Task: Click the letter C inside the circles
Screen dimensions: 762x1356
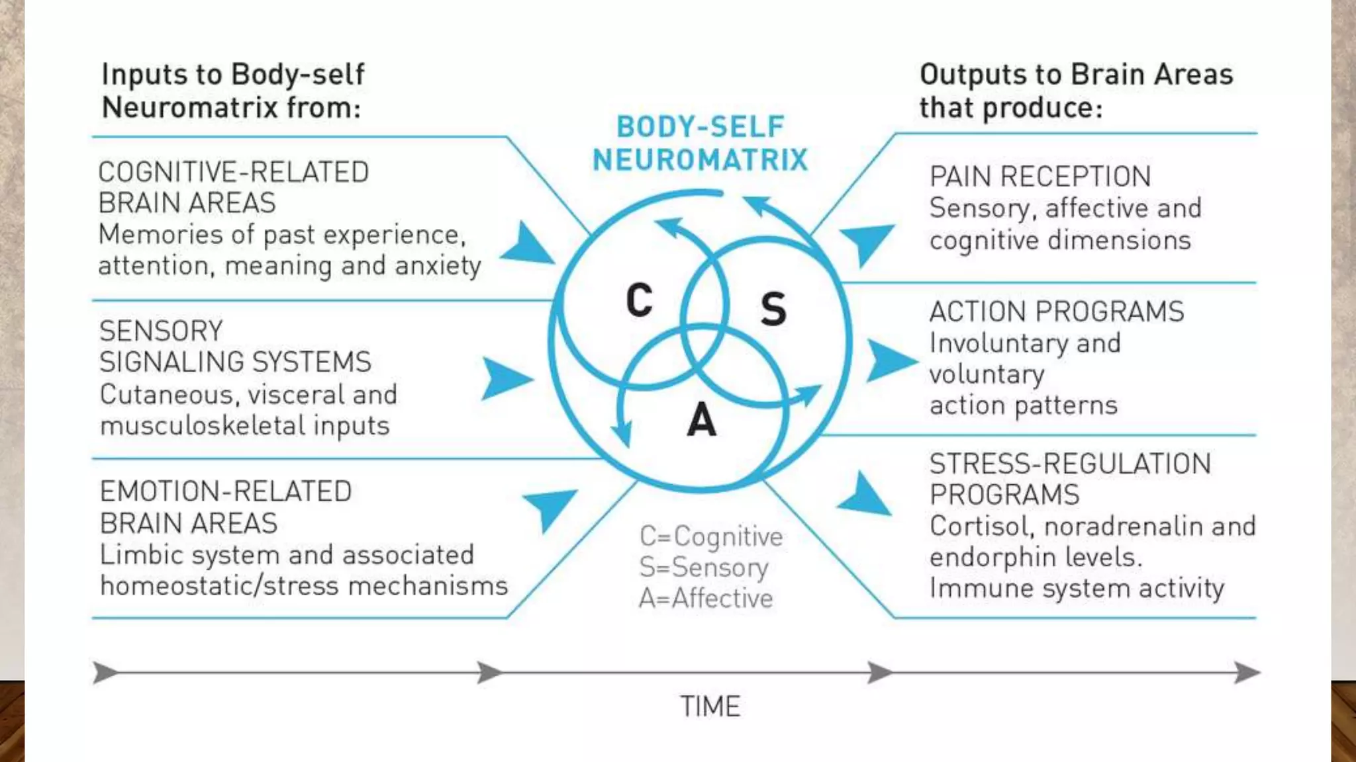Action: (x=640, y=301)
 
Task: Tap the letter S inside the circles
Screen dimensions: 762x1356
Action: (x=773, y=309)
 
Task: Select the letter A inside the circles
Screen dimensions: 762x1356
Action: (x=702, y=420)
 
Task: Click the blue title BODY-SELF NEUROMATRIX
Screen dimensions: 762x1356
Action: (x=700, y=144)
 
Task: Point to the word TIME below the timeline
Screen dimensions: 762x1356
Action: (x=710, y=706)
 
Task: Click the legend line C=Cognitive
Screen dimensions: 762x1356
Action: (x=710, y=536)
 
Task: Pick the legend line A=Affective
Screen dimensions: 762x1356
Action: (x=706, y=599)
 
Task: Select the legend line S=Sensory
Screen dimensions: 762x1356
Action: (x=703, y=568)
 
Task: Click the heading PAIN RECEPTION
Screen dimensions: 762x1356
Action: (x=1040, y=177)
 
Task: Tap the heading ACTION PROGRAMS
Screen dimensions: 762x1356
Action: (x=1056, y=312)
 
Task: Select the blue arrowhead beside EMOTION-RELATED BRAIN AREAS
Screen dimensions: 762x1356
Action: (x=550, y=507)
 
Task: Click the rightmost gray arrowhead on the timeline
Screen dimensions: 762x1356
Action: (x=1247, y=673)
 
